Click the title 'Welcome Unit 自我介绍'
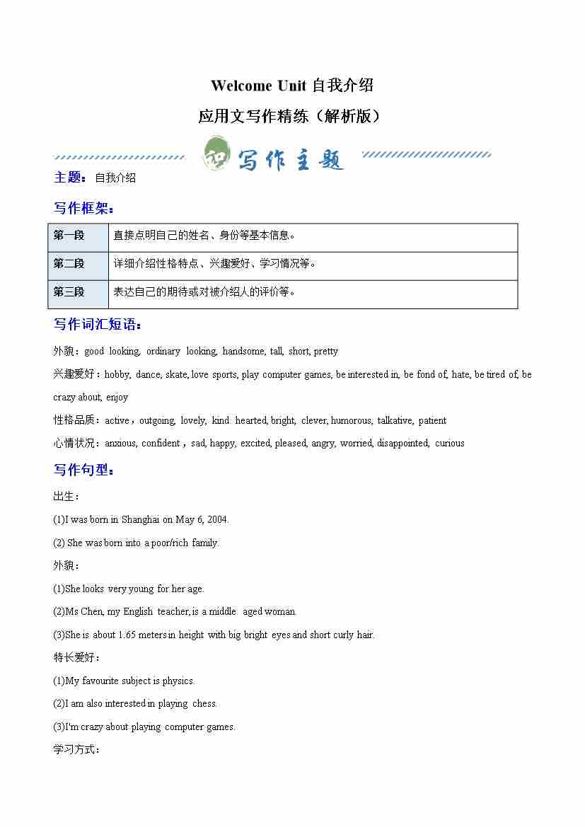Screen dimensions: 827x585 pos(291,86)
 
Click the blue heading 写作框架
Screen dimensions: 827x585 pos(83,208)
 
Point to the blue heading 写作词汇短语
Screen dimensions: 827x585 pos(97,325)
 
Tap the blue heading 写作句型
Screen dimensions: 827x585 pos(83,470)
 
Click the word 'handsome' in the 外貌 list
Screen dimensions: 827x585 pos(243,352)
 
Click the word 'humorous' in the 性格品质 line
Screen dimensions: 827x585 pos(351,421)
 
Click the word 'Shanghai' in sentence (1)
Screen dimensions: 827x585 pos(140,520)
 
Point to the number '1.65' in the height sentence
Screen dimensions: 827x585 pos(127,635)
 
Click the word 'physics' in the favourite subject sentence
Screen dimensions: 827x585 pos(178,681)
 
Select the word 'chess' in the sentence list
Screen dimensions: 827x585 pos(204,704)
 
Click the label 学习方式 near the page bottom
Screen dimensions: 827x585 pos(76,749)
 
